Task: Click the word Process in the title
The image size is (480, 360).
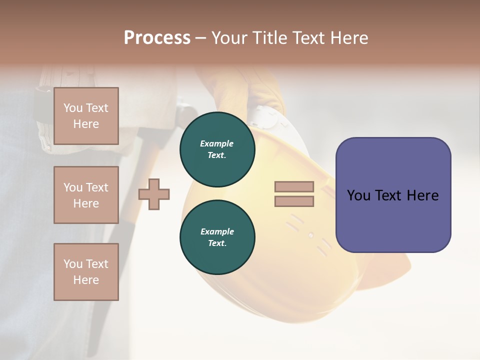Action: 157,37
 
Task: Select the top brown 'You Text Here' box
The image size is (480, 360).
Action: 86,116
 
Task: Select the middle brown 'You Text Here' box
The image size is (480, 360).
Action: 86,195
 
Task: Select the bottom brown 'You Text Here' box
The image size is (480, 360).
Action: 86,271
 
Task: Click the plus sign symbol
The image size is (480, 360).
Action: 154,194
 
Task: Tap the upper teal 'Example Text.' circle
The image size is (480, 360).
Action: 217,149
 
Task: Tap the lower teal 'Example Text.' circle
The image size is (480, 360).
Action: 217,237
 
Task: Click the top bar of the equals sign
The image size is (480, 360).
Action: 294,186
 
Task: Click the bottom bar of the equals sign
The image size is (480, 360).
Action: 294,201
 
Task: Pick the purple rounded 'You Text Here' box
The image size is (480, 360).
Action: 393,195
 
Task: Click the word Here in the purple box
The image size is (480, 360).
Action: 422,195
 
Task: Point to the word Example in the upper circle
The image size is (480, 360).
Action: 217,143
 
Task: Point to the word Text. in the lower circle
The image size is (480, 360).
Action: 217,243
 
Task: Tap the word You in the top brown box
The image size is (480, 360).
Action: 73,108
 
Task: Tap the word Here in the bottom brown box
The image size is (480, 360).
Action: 86,280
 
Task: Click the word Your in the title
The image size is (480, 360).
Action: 229,38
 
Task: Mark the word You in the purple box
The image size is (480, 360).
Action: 358,195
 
